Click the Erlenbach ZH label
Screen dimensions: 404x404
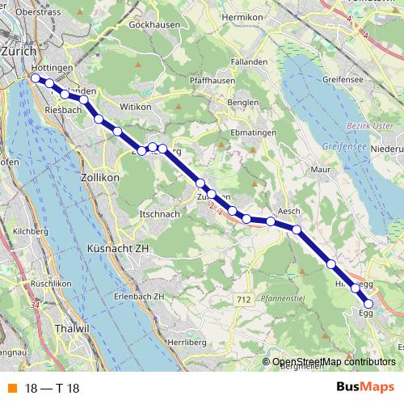tap(138, 297)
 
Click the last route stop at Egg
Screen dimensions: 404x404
tap(368, 304)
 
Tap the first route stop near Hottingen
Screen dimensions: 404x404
tap(35, 78)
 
